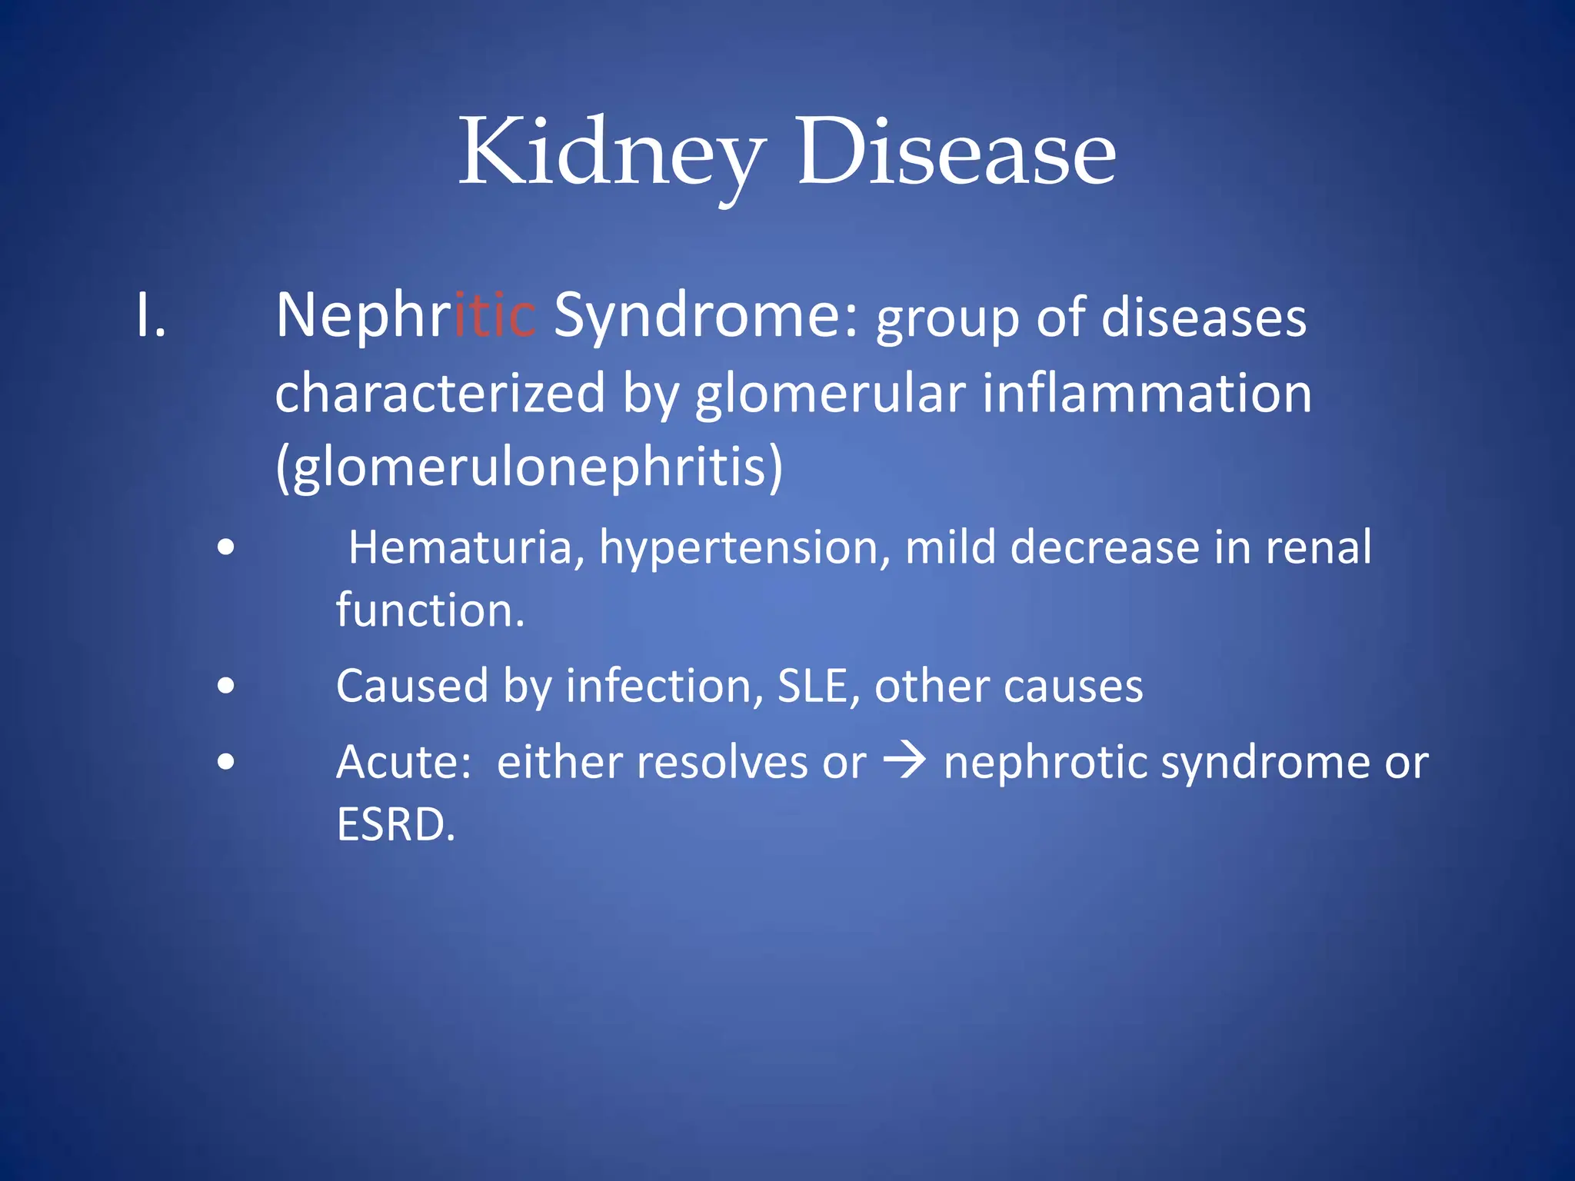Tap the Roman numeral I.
tap(151, 316)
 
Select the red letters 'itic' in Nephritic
tap(494, 316)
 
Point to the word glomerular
tap(830, 394)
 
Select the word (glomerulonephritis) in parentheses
tap(529, 466)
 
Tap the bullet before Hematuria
tap(225, 548)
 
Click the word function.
tap(430, 610)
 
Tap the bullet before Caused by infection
tap(225, 685)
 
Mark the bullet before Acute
tap(225, 762)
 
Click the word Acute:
tap(404, 763)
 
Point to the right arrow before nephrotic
tap(904, 762)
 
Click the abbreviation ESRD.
tap(396, 825)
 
